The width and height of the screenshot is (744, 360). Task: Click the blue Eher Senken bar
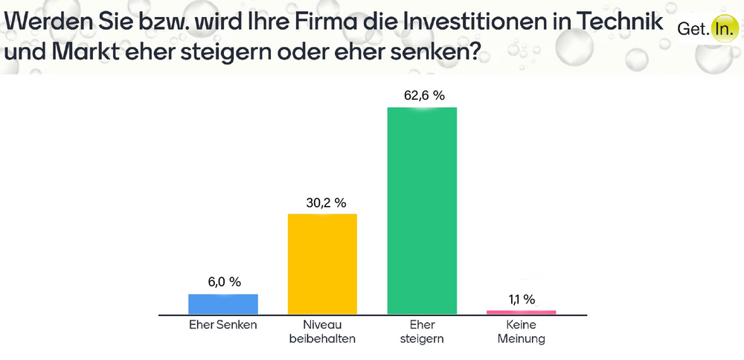[x=223, y=304]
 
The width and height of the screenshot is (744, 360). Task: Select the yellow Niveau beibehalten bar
[x=322, y=264]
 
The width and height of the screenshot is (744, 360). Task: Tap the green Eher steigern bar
[x=422, y=210]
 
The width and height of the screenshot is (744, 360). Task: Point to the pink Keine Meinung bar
[x=522, y=312]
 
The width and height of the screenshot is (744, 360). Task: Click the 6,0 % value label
[x=223, y=283]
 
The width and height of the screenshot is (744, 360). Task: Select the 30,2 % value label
[x=322, y=202]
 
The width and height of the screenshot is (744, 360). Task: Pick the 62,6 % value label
[x=422, y=95]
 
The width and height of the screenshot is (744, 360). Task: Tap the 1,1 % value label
[x=522, y=299]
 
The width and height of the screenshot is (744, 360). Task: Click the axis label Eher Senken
[x=223, y=325]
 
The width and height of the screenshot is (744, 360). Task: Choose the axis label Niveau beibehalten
[x=322, y=332]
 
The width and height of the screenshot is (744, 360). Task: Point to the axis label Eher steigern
[x=422, y=332]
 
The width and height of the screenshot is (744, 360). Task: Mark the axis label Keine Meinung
[x=522, y=332]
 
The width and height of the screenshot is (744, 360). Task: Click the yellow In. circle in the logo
[x=722, y=29]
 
